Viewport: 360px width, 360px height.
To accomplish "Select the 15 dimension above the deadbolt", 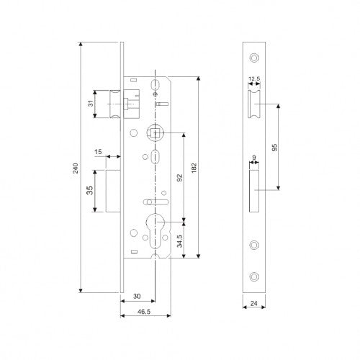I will (99, 153).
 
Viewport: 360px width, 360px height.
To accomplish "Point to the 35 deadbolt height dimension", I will (89, 191).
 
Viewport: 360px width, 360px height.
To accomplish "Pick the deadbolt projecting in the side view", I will (113, 191).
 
